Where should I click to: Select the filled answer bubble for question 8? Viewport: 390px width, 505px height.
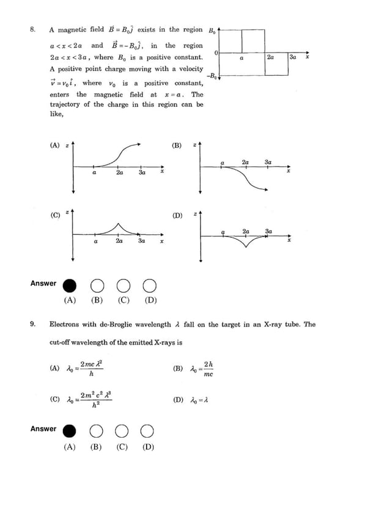pos(70,286)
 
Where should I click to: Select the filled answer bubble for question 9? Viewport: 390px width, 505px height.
pos(70,432)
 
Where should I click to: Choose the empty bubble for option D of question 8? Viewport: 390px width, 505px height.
pos(150,286)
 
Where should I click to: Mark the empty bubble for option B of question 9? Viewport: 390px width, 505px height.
pos(97,432)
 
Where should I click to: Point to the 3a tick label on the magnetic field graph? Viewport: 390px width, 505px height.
pos(293,57)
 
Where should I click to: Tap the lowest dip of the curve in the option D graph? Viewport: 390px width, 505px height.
pos(246,246)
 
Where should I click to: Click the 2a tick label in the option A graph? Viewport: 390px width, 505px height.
pos(120,173)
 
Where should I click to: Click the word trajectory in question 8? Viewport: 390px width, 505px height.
pos(64,105)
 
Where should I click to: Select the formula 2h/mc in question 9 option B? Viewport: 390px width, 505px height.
pos(202,369)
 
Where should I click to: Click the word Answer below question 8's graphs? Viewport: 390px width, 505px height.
pos(43,284)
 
